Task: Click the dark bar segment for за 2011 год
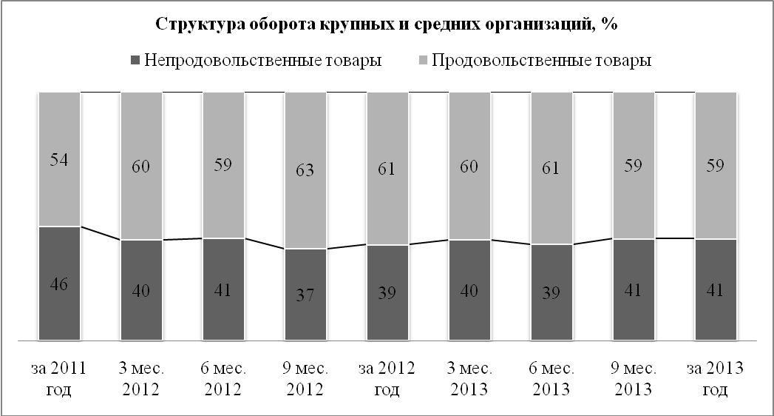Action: click(x=59, y=311)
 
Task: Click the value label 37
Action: click(x=305, y=295)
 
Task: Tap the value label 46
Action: click(x=59, y=284)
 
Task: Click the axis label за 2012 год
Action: click(x=387, y=378)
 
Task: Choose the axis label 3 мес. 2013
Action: click(x=469, y=378)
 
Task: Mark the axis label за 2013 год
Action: click(x=715, y=378)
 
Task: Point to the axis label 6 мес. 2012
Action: click(x=223, y=378)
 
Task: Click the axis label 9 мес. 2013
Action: click(x=633, y=378)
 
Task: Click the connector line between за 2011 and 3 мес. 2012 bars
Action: click(x=101, y=232)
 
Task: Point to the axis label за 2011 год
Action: click(x=59, y=378)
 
